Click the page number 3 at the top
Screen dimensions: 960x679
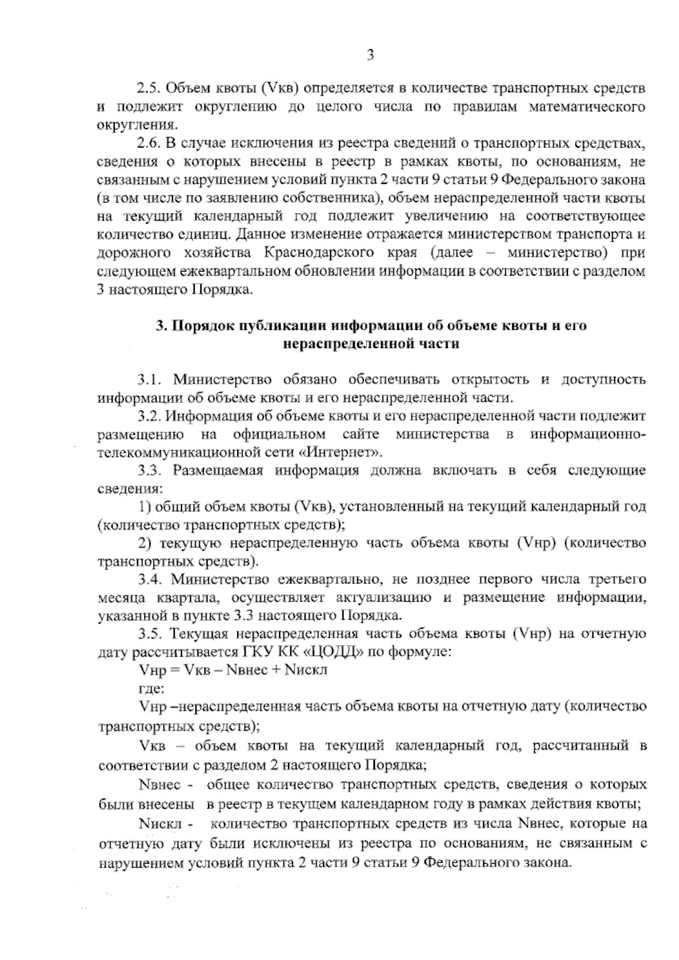tap(370, 55)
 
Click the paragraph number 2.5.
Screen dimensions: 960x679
tap(149, 89)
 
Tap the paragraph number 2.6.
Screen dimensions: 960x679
tap(149, 142)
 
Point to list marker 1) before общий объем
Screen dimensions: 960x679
tap(144, 507)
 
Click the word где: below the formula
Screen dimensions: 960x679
tap(151, 689)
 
